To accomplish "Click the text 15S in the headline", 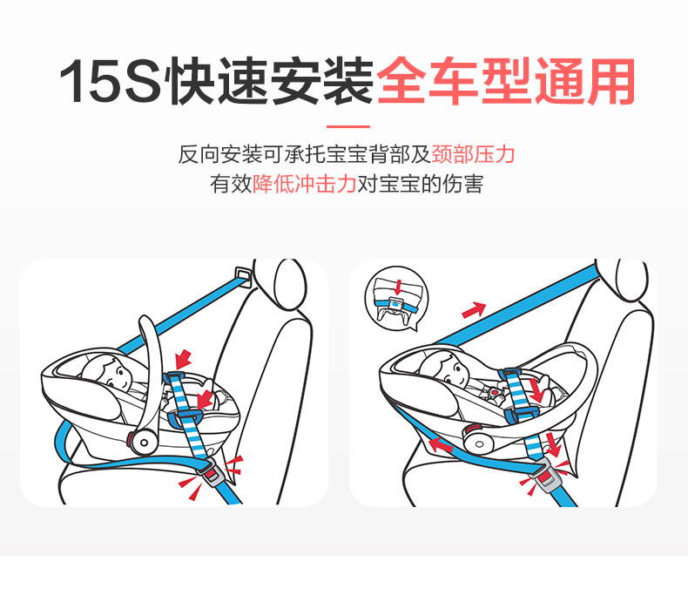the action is click(x=110, y=81).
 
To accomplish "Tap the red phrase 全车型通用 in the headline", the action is click(x=505, y=81).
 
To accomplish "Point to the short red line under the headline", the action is click(x=348, y=127).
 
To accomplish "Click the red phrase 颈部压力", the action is click(x=473, y=154).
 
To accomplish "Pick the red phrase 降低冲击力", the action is click(x=304, y=184).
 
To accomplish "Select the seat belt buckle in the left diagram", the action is click(x=213, y=472).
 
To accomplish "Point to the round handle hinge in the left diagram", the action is click(x=143, y=443).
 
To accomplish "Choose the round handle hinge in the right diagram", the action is click(x=478, y=443).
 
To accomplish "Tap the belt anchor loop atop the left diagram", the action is click(x=244, y=275).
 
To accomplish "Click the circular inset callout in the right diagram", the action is click(x=396, y=297).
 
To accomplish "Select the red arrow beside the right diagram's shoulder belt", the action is click(x=475, y=310).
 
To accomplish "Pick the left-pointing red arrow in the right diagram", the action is click(x=440, y=445).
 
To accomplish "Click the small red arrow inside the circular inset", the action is click(x=397, y=287).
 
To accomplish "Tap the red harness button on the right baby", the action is click(x=495, y=391).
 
